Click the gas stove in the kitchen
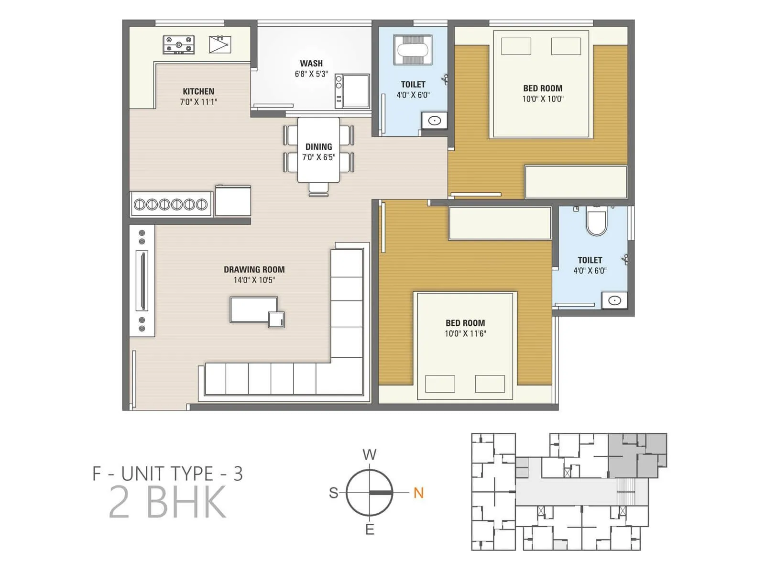click(x=179, y=44)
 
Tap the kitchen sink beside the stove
click(x=220, y=44)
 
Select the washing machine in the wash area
click(x=352, y=91)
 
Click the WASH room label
click(x=311, y=63)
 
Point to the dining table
click(x=319, y=151)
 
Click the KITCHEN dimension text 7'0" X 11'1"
click(x=198, y=102)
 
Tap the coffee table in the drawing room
click(x=254, y=310)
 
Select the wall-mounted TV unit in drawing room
click(x=142, y=280)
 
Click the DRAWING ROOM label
click(x=254, y=269)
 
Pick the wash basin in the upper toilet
click(x=434, y=121)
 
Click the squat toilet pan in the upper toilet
click(x=413, y=49)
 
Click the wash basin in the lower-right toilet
click(x=614, y=300)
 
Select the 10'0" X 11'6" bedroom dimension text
click(x=465, y=334)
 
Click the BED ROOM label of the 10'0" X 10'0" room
click(x=543, y=88)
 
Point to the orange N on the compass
click(x=418, y=493)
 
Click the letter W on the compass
click(x=369, y=454)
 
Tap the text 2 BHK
click(x=167, y=502)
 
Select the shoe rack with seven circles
click(x=171, y=205)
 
